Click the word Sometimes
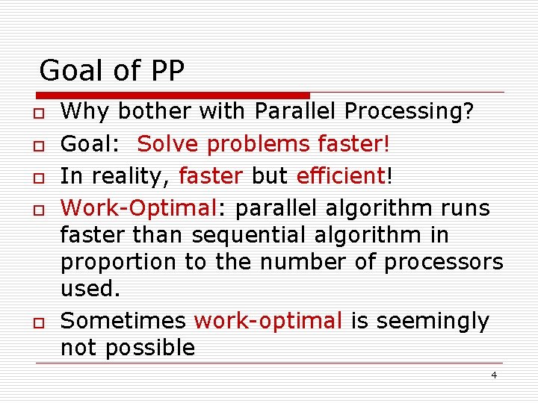click(x=123, y=321)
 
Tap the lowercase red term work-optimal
click(x=268, y=322)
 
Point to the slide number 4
click(x=494, y=375)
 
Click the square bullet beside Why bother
click(x=35, y=113)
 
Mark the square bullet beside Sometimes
click(x=35, y=322)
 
